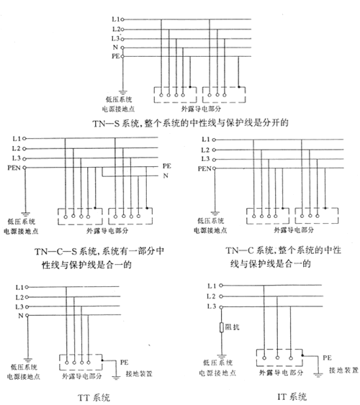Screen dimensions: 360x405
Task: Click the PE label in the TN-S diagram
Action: [116, 56]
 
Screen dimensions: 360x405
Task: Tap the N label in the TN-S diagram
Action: [115, 47]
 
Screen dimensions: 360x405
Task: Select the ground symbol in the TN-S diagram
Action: [122, 93]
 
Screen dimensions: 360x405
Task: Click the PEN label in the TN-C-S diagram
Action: [14, 168]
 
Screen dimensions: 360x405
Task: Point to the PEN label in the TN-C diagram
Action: [204, 168]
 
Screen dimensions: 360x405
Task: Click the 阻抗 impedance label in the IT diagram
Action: [232, 327]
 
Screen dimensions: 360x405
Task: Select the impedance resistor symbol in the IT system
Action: [222, 327]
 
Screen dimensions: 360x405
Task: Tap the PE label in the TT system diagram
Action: [124, 363]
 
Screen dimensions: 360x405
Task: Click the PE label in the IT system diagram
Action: [327, 358]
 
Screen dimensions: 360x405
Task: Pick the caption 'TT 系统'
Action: [94, 397]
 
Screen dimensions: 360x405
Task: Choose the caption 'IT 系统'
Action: [292, 396]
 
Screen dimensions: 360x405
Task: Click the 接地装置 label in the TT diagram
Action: [139, 373]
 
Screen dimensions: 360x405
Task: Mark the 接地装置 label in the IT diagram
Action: [343, 370]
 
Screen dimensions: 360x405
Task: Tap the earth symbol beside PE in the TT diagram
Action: [117, 378]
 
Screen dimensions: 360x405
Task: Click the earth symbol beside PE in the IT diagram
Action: [318, 375]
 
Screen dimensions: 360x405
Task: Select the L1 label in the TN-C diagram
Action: [206, 140]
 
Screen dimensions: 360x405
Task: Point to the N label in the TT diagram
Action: [21, 316]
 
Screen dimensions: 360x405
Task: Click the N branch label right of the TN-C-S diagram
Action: [166, 176]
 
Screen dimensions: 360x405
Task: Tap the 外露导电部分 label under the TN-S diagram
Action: [201, 109]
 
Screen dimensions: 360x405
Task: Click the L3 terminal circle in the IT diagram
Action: [221, 307]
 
